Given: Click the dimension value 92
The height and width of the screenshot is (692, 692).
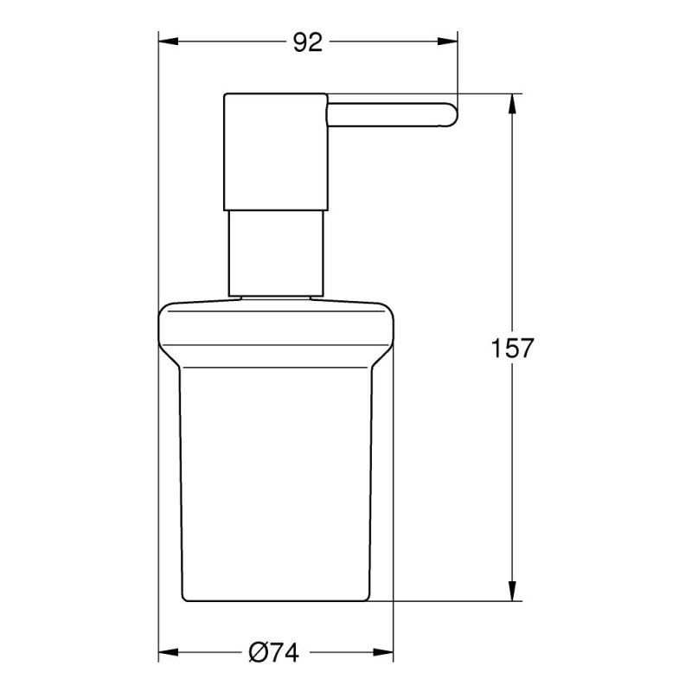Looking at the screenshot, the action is [x=308, y=42].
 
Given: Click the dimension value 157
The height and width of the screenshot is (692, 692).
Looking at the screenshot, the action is [x=512, y=348].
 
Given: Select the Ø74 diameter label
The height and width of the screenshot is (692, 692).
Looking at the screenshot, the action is [x=273, y=652].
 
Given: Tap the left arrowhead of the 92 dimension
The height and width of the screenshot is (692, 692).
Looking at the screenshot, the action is [x=168, y=42].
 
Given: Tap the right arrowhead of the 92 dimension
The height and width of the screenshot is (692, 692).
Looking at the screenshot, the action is [x=447, y=42].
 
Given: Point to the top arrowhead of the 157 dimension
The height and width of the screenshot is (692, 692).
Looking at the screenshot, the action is [x=512, y=104].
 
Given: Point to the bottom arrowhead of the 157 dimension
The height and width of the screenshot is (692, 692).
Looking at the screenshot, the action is [x=512, y=591].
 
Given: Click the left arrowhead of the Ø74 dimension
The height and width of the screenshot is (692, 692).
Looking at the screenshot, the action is [x=168, y=652].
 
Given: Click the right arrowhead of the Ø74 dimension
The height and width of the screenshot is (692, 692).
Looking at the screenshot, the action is [x=383, y=652].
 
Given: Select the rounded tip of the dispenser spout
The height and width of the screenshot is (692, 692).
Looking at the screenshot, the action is [x=452, y=115].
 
